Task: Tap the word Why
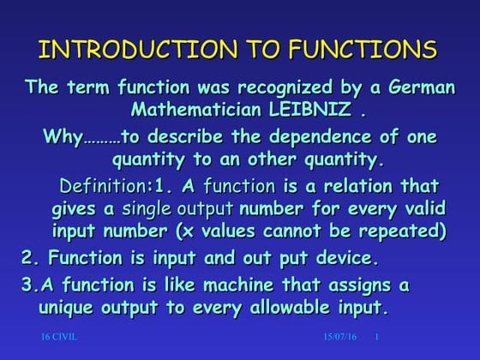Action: (63, 138)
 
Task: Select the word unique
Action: (70, 307)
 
